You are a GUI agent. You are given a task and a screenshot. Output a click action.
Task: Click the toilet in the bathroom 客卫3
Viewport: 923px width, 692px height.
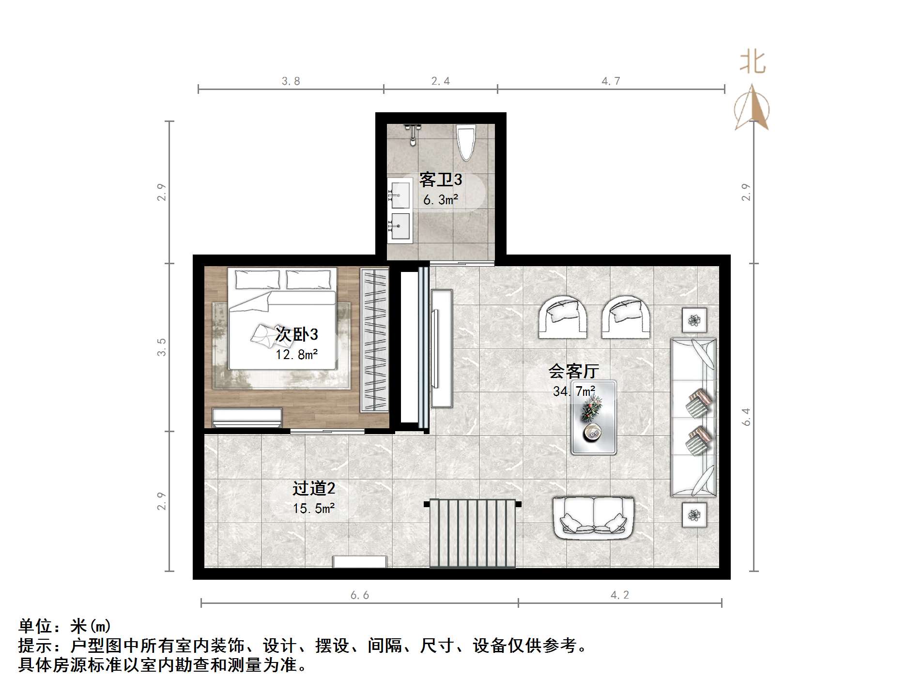click(466, 142)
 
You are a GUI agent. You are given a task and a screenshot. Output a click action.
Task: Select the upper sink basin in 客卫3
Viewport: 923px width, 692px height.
click(400, 194)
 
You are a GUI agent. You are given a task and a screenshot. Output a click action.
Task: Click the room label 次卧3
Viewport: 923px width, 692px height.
click(296, 334)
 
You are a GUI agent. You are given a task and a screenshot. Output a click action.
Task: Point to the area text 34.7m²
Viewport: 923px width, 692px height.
click(574, 391)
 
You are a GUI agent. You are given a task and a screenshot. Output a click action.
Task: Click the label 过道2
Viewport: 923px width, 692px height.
click(313, 489)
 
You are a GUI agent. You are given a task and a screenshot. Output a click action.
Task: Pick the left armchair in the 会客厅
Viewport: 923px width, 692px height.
click(563, 317)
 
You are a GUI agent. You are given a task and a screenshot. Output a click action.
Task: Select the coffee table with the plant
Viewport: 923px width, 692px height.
click(593, 417)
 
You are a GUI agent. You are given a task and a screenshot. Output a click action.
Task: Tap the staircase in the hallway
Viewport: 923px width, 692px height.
click(473, 533)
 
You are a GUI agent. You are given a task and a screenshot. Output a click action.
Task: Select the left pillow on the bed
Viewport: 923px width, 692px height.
click(257, 279)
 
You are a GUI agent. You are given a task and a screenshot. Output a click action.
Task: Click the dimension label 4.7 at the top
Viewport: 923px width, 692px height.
click(611, 81)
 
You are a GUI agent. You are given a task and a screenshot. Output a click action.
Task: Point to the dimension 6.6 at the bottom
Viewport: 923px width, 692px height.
click(359, 595)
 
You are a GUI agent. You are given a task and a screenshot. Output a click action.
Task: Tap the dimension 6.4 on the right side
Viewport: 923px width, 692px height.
click(746, 417)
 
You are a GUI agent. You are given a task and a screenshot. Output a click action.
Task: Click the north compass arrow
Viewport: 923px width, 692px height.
click(752, 108)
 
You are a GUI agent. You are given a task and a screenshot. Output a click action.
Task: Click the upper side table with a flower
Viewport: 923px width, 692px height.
click(694, 320)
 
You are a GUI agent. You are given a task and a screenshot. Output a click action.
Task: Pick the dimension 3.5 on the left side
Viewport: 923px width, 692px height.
click(161, 347)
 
